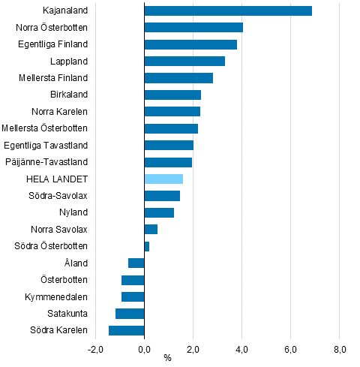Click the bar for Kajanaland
pyautogui.click(x=228, y=11)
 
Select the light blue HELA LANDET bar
pyautogui.click(x=163, y=179)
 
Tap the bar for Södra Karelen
pyautogui.click(x=127, y=330)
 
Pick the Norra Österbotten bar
pyautogui.click(x=193, y=27)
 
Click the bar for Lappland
pyautogui.click(x=184, y=61)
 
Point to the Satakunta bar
pyautogui.click(x=130, y=314)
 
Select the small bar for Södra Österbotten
pyautogui.click(x=147, y=246)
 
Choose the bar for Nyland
pyautogui.click(x=159, y=212)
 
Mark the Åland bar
pyautogui.click(x=136, y=263)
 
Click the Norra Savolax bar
pyautogui.click(x=151, y=229)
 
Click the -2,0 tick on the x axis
pyautogui.click(x=95, y=348)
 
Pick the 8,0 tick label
pyautogui.click(x=339, y=348)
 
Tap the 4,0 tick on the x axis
pyautogui.click(x=241, y=348)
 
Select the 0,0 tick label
pyautogui.click(x=144, y=348)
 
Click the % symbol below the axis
pyautogui.click(x=167, y=358)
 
